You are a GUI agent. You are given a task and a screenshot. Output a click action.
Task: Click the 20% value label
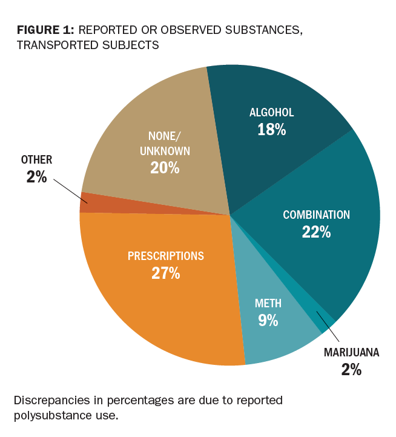[x=165, y=167]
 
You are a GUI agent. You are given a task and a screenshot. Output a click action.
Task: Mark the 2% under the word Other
[x=36, y=177]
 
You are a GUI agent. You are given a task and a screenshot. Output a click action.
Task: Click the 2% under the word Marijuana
[x=351, y=369]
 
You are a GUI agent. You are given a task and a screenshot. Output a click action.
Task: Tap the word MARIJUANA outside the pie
[x=351, y=352]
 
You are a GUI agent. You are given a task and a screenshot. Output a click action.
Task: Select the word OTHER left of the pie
[x=36, y=160]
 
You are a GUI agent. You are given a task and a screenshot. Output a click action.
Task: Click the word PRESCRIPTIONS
[x=165, y=256]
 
